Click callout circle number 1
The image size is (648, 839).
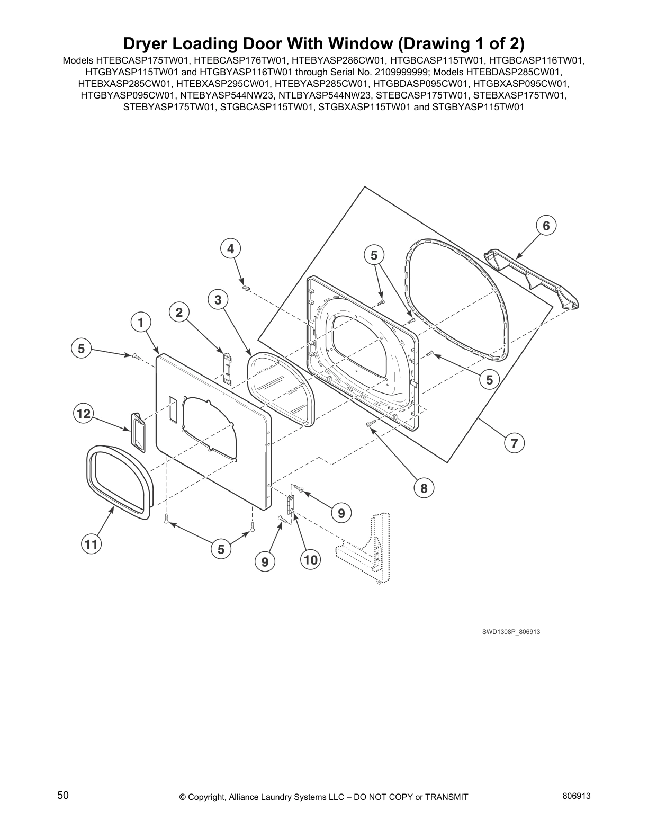tap(141, 322)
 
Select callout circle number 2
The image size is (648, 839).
tap(179, 313)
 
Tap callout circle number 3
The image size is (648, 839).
tap(218, 300)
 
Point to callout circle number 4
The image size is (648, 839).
tap(230, 248)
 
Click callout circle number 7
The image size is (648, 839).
tap(514, 442)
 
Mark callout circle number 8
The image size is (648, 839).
tap(424, 488)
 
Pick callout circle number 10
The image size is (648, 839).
tap(310, 559)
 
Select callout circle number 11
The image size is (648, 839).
tap(91, 544)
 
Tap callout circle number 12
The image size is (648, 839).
tap(84, 413)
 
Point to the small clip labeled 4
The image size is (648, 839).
tap(245, 288)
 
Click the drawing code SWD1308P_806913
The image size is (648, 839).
tap(510, 632)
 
